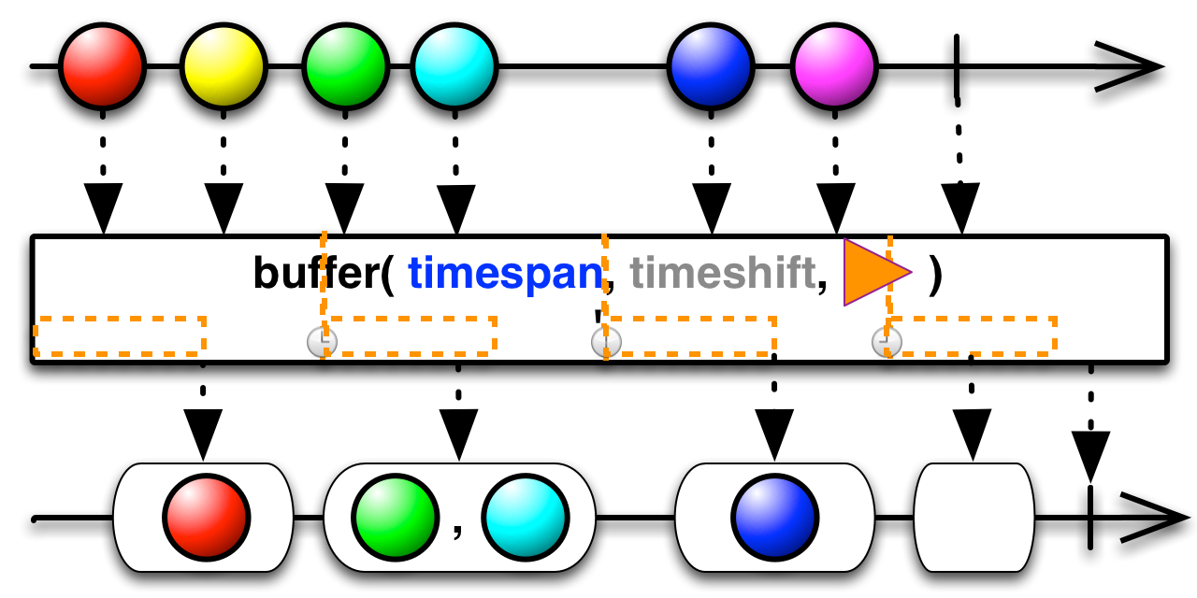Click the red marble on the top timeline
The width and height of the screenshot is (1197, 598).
[102, 66]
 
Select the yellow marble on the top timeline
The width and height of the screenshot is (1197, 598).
[224, 66]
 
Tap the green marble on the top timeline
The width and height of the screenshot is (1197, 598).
[346, 66]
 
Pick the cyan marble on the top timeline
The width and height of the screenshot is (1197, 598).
[454, 66]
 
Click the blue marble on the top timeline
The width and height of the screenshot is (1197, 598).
[711, 66]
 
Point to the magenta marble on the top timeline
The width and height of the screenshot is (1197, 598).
[834, 66]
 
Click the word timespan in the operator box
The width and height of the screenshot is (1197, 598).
[506, 274]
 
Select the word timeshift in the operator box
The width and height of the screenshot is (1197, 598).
[723, 272]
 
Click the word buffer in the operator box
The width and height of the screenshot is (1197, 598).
[316, 272]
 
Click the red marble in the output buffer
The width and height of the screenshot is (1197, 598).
[207, 518]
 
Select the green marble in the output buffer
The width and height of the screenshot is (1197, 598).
[396, 518]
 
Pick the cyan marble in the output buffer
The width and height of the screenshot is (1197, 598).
[526, 518]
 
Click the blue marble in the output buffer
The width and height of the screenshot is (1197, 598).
[775, 518]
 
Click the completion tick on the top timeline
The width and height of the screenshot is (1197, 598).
[957, 66]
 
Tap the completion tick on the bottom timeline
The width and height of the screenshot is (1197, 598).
[1090, 518]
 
